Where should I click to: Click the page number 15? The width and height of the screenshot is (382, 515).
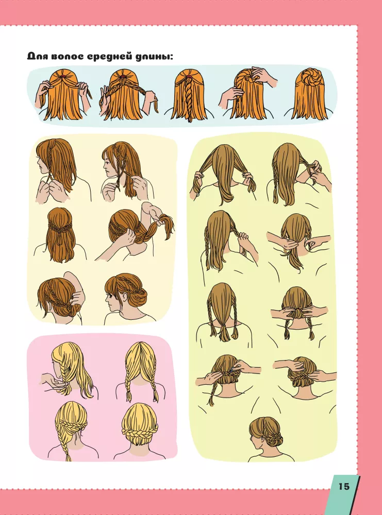[x=344, y=486]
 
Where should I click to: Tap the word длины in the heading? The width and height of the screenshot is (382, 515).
[x=152, y=57]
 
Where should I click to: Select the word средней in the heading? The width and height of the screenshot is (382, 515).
[x=108, y=57]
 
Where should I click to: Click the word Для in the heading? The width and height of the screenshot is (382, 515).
[x=38, y=56]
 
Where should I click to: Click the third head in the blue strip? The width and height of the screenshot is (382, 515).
[x=188, y=96]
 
